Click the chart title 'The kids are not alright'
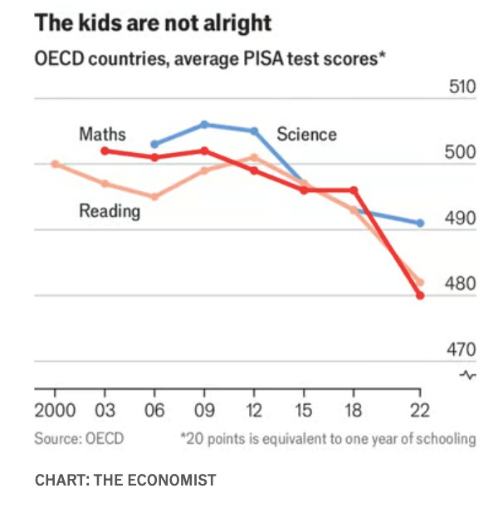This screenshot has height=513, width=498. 153,22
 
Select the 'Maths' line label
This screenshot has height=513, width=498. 102,133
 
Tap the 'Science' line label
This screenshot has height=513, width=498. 307,134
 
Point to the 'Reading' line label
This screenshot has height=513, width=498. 110,211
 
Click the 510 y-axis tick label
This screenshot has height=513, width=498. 462,88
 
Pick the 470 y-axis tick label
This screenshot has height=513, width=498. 462,349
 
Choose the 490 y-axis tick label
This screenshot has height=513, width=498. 462,219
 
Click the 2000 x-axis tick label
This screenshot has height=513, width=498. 55,411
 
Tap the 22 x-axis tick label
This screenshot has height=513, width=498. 420,411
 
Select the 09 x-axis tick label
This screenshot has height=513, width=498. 204,411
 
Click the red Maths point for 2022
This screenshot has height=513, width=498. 420,295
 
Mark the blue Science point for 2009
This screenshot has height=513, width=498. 204,125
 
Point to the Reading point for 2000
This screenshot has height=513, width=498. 55,164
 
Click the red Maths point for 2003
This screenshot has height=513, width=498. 105,150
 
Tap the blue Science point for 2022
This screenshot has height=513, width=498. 420,223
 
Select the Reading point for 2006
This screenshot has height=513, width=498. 154,197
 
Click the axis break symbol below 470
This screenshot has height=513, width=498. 468,376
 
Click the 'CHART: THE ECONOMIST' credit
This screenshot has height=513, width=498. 125,480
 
